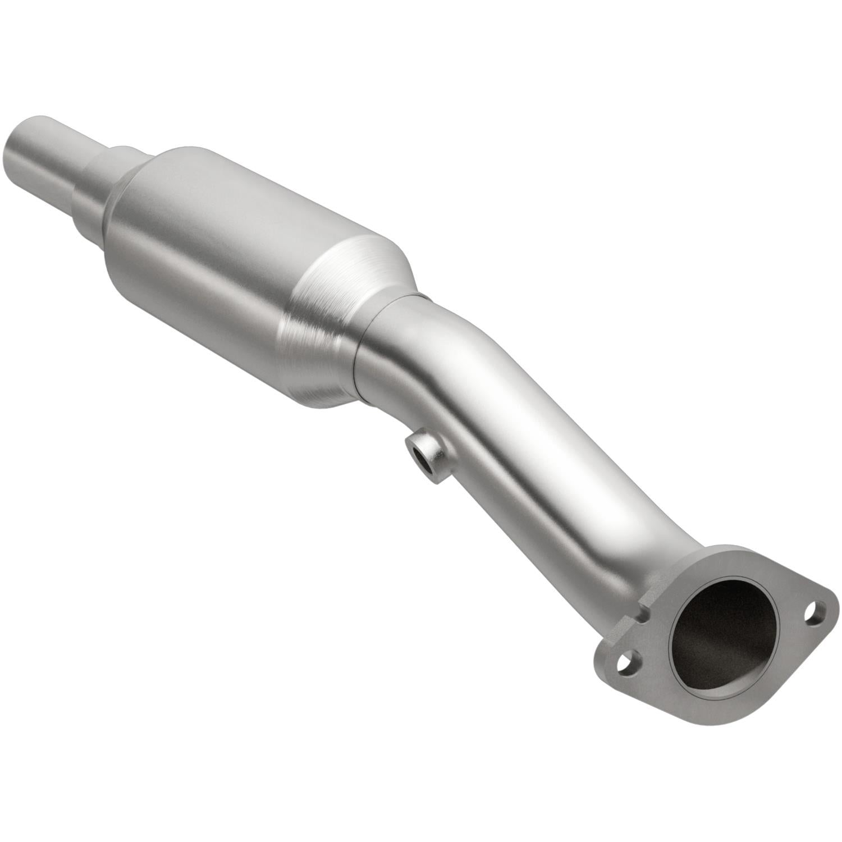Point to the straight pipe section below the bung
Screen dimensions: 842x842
click(539, 505)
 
